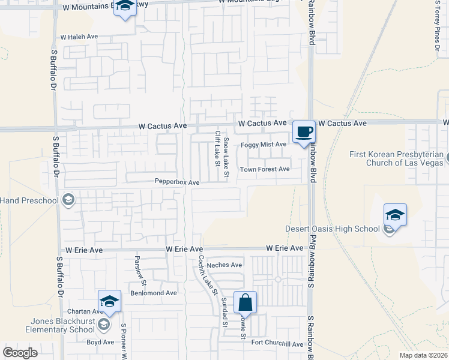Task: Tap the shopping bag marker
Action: click(x=246, y=302)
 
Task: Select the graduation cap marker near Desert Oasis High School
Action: click(x=396, y=214)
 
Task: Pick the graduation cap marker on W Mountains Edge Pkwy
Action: click(x=125, y=7)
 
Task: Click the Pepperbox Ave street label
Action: click(x=177, y=182)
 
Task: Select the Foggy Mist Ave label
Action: click(x=264, y=145)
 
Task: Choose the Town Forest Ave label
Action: click(x=265, y=169)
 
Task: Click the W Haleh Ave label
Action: click(x=79, y=37)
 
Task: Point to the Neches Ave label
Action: click(x=224, y=265)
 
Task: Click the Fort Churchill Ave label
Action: click(x=277, y=344)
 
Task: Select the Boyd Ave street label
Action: click(x=100, y=342)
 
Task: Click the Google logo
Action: click(x=20, y=353)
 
